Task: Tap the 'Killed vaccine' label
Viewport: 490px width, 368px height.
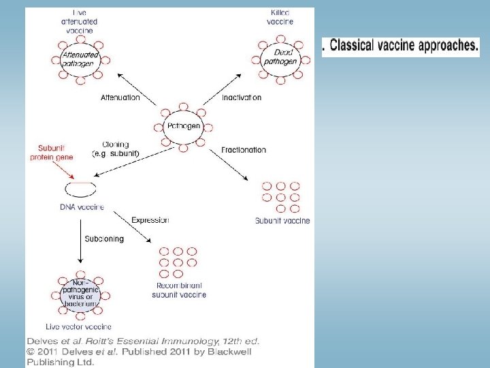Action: pos(280,17)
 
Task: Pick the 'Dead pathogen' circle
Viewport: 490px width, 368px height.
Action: pos(281,57)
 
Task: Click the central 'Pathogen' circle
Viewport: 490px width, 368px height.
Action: pos(184,126)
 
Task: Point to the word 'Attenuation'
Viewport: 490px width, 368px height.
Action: pos(120,97)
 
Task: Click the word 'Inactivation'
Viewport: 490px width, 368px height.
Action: pos(242,97)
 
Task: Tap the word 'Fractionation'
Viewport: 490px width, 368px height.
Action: pos(244,149)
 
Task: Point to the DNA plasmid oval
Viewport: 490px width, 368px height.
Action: pos(79,188)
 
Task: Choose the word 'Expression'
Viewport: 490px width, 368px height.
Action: pos(150,220)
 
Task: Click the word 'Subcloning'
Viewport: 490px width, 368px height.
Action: pos(104,239)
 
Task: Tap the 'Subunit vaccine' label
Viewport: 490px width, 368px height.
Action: pos(282,221)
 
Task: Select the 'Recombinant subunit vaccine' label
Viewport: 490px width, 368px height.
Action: pos(179,290)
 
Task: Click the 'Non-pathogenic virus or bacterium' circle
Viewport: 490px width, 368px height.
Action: pos(79,295)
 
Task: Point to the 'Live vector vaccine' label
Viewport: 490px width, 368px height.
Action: pos(80,327)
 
